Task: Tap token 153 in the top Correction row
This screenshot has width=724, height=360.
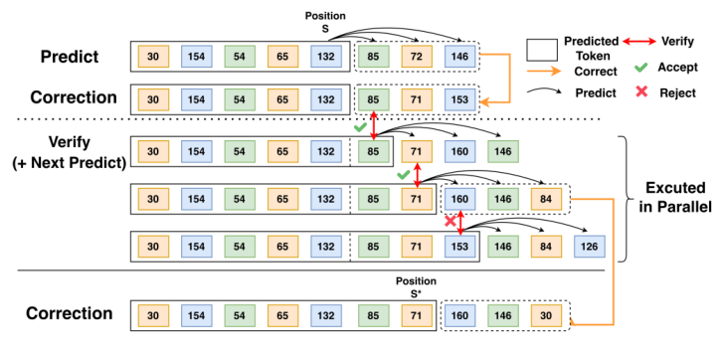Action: click(458, 99)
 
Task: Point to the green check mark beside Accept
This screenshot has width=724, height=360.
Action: click(642, 68)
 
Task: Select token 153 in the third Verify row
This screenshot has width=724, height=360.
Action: click(458, 246)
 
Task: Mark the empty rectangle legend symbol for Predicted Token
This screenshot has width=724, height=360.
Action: click(542, 48)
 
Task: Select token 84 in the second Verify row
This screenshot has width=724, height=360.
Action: click(548, 199)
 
